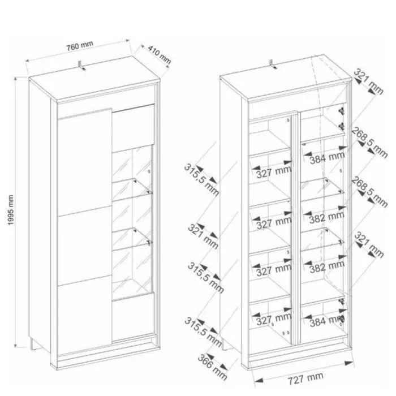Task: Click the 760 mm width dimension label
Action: click(80, 46)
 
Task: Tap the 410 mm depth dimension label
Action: click(160, 54)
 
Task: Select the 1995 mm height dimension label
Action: click(11, 210)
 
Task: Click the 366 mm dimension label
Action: click(212, 367)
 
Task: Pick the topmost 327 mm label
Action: click(274, 173)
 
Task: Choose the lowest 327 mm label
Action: click(274, 320)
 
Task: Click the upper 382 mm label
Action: click(327, 217)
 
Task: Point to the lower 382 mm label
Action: click(327, 267)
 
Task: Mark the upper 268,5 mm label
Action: click(370, 143)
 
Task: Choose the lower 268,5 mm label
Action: click(370, 192)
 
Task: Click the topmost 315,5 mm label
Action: click(201, 180)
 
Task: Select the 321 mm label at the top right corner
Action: click(369, 81)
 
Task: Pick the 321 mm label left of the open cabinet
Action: click(203, 236)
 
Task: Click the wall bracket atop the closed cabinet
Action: click(81, 65)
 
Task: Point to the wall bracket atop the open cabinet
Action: click(273, 64)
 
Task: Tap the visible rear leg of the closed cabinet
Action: click(33, 344)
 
